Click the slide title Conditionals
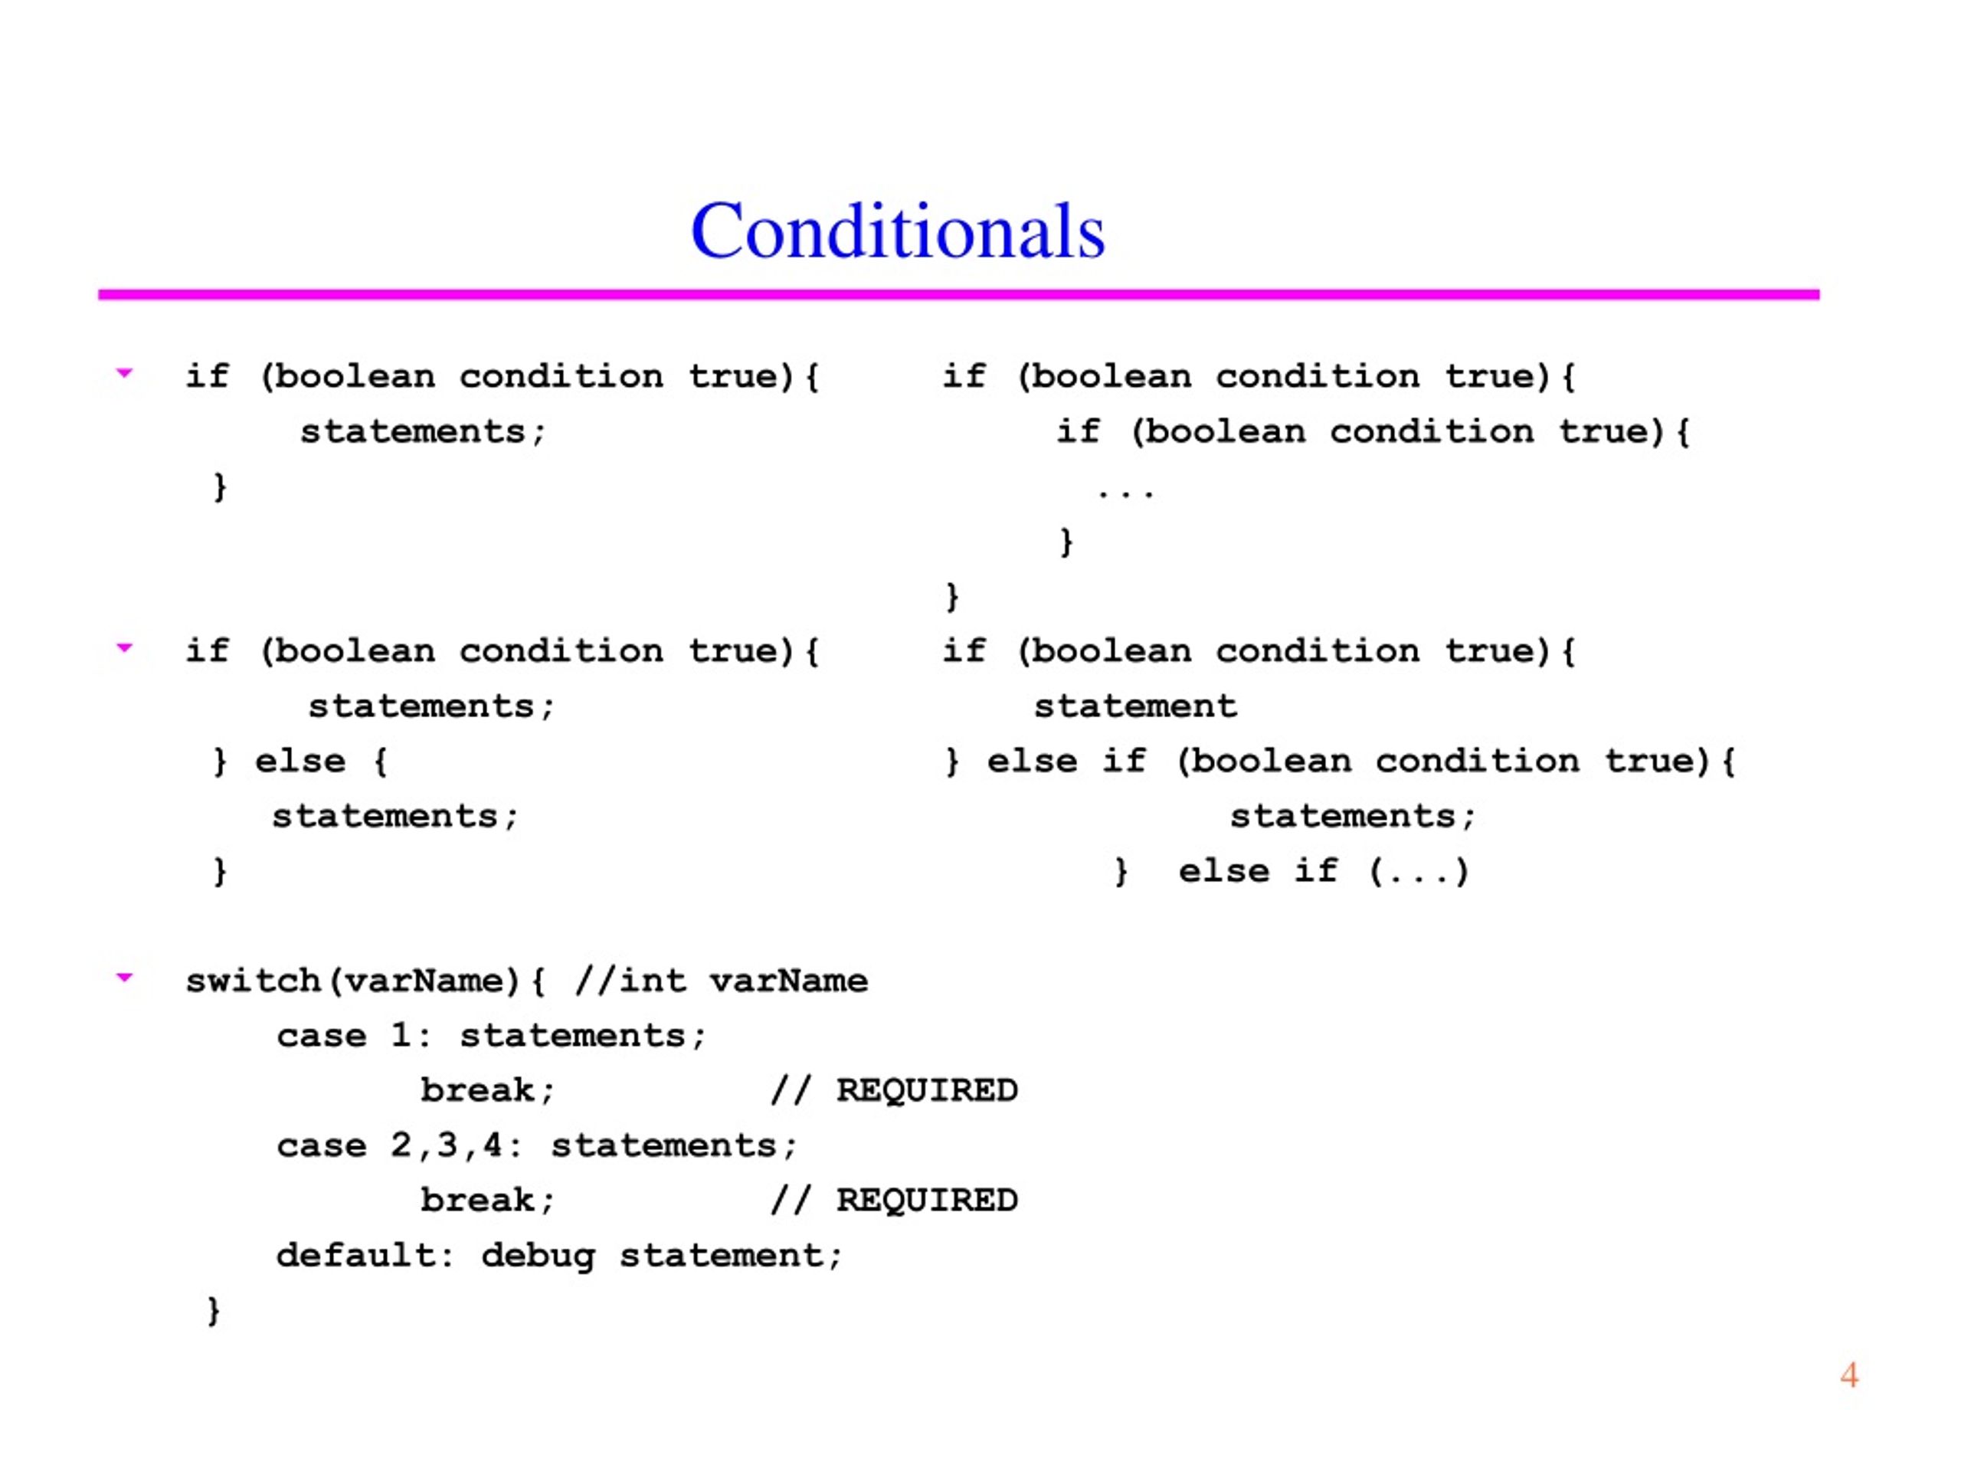click(x=897, y=231)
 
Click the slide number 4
click(x=1848, y=1375)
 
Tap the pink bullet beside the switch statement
click(x=125, y=978)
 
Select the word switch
click(x=253, y=981)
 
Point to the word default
click(x=355, y=1256)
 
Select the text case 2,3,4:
click(x=399, y=1145)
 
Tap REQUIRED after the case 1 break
click(x=928, y=1091)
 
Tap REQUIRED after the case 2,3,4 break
click(x=928, y=1201)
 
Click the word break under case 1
click(x=478, y=1091)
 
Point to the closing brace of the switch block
click(x=213, y=1311)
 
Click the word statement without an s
click(x=1134, y=706)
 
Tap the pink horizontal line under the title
click(x=958, y=294)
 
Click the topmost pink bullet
click(x=125, y=373)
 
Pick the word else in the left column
click(x=300, y=761)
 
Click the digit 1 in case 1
click(x=401, y=1036)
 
